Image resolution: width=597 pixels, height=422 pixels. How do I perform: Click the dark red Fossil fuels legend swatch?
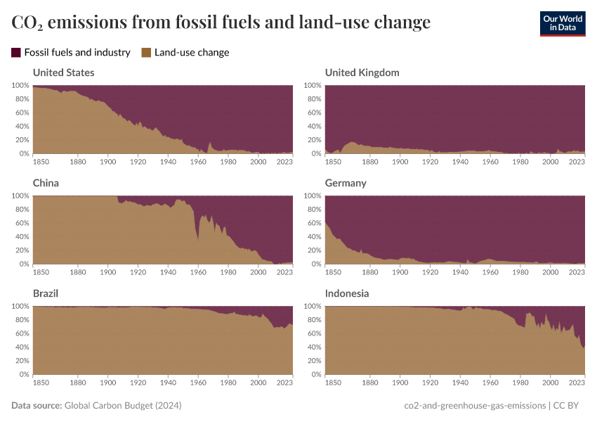coord(16,52)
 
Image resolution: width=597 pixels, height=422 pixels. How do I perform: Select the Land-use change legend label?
coord(191,52)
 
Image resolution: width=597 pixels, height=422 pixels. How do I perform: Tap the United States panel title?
coord(63,72)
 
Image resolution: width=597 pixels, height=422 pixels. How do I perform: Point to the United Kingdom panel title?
coord(362,72)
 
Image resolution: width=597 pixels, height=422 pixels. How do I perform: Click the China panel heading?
coord(46,183)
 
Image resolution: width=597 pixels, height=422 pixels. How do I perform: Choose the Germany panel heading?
coord(346,183)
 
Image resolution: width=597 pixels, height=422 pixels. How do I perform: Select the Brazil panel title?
coord(46,293)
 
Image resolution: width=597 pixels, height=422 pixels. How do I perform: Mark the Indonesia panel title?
coord(347,293)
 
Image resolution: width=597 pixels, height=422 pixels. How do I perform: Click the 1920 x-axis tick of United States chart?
coord(138,161)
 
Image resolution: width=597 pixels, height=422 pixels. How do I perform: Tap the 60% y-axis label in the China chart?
coord(20,223)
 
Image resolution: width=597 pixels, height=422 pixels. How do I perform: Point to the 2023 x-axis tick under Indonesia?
coord(577,382)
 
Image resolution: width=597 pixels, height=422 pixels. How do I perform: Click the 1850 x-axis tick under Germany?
coord(333,271)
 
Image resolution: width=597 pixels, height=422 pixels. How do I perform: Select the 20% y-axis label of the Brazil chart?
coord(20,361)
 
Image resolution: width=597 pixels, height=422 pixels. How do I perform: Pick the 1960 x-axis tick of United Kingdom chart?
coord(490,161)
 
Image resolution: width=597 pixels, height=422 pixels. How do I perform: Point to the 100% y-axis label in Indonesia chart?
coord(312,307)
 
